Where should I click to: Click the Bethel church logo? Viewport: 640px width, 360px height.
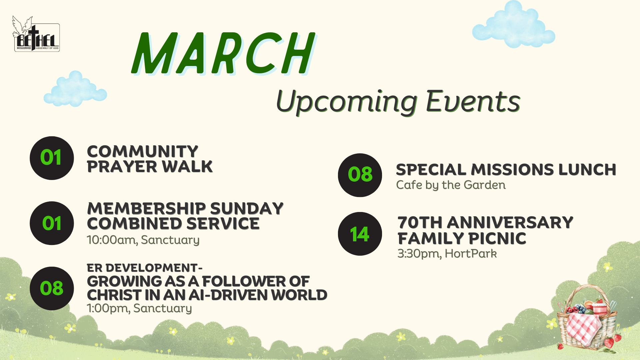(36, 34)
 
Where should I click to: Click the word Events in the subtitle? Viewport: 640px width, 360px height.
(473, 101)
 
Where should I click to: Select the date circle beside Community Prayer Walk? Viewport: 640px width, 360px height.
(52, 158)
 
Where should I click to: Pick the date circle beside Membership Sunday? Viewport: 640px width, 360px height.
(52, 223)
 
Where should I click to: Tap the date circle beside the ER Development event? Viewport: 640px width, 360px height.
(52, 288)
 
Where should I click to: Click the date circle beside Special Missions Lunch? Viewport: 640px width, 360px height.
(360, 175)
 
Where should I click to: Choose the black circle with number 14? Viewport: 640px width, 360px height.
(360, 234)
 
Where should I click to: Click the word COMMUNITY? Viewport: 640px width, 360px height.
(143, 151)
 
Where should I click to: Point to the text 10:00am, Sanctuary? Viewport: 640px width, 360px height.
(143, 240)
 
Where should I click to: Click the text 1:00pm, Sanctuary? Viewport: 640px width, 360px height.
(139, 308)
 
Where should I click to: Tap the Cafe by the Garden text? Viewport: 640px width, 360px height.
(451, 185)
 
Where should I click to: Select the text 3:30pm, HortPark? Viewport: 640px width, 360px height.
(447, 254)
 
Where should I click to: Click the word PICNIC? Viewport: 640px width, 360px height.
(498, 238)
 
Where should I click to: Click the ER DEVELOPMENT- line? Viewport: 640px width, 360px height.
(145, 268)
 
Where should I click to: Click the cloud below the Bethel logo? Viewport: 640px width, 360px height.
(75, 89)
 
